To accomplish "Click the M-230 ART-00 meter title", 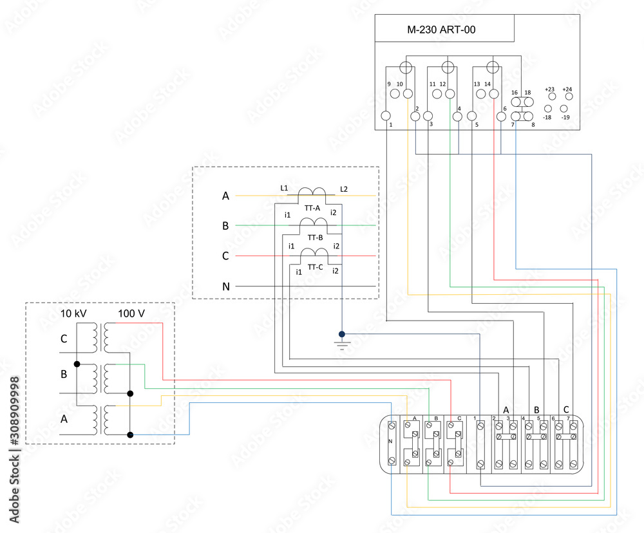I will point(442,29).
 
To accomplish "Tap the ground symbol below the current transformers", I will point(342,345).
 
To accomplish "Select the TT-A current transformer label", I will point(313,208).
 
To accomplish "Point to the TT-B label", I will point(315,238).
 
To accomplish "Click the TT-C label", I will point(315,267).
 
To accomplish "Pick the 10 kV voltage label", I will point(74,313).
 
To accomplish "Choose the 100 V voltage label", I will point(131,313).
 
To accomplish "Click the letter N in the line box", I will point(225,286).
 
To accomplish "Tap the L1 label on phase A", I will point(284,187).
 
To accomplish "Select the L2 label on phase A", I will point(344,188).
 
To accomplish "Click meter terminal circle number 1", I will point(386,116).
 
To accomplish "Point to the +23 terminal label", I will point(549,89).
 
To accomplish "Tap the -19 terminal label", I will point(565,117).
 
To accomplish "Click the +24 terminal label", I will point(567,89).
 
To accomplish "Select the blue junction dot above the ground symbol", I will point(342,334).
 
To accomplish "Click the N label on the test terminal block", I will point(390,442).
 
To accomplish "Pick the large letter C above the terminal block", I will point(565,409).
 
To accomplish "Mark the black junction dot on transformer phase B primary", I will point(77,364).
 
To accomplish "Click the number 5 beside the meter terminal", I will point(477,125).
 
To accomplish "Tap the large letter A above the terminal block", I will point(506,409).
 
